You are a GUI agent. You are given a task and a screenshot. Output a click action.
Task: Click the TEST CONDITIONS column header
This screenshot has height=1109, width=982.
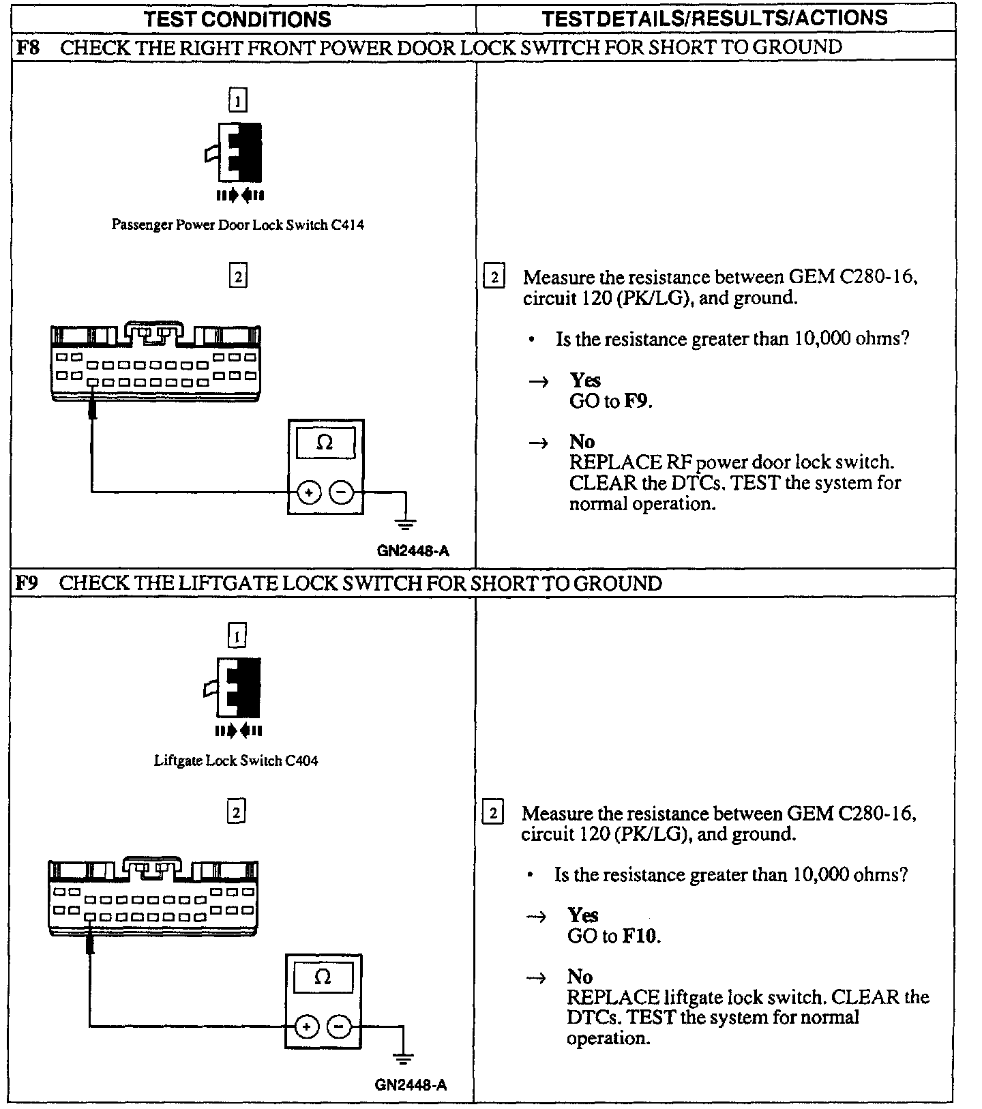coord(237,18)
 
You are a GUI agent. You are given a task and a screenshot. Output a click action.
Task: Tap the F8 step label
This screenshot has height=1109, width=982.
coord(28,48)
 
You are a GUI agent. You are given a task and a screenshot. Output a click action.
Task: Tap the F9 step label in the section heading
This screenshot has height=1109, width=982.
coord(27,584)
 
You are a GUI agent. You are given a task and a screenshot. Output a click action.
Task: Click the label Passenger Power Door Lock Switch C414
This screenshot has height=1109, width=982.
coord(237,225)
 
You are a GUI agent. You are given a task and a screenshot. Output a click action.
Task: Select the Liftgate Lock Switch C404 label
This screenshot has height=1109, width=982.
coord(236,760)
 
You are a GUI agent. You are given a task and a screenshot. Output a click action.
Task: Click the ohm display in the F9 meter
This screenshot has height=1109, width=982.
coord(323,978)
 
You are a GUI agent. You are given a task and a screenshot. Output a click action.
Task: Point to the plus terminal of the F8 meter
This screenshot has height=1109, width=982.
coord(309,492)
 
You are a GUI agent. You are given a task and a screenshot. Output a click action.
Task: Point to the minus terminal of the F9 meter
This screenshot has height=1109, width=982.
coord(340,1026)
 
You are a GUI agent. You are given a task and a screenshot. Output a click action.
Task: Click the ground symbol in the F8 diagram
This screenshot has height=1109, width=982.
coord(406,524)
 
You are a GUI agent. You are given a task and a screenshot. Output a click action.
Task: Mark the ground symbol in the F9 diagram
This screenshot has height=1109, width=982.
coord(404,1059)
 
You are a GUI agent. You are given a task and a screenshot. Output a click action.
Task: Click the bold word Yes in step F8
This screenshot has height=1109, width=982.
coord(585,381)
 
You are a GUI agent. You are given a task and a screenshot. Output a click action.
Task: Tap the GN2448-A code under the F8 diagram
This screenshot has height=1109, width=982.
coord(413,551)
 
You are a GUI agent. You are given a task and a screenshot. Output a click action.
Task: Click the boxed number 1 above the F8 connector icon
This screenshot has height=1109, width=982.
coord(237,101)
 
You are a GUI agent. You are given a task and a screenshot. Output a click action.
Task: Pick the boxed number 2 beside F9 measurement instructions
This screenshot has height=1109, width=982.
coord(492,813)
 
